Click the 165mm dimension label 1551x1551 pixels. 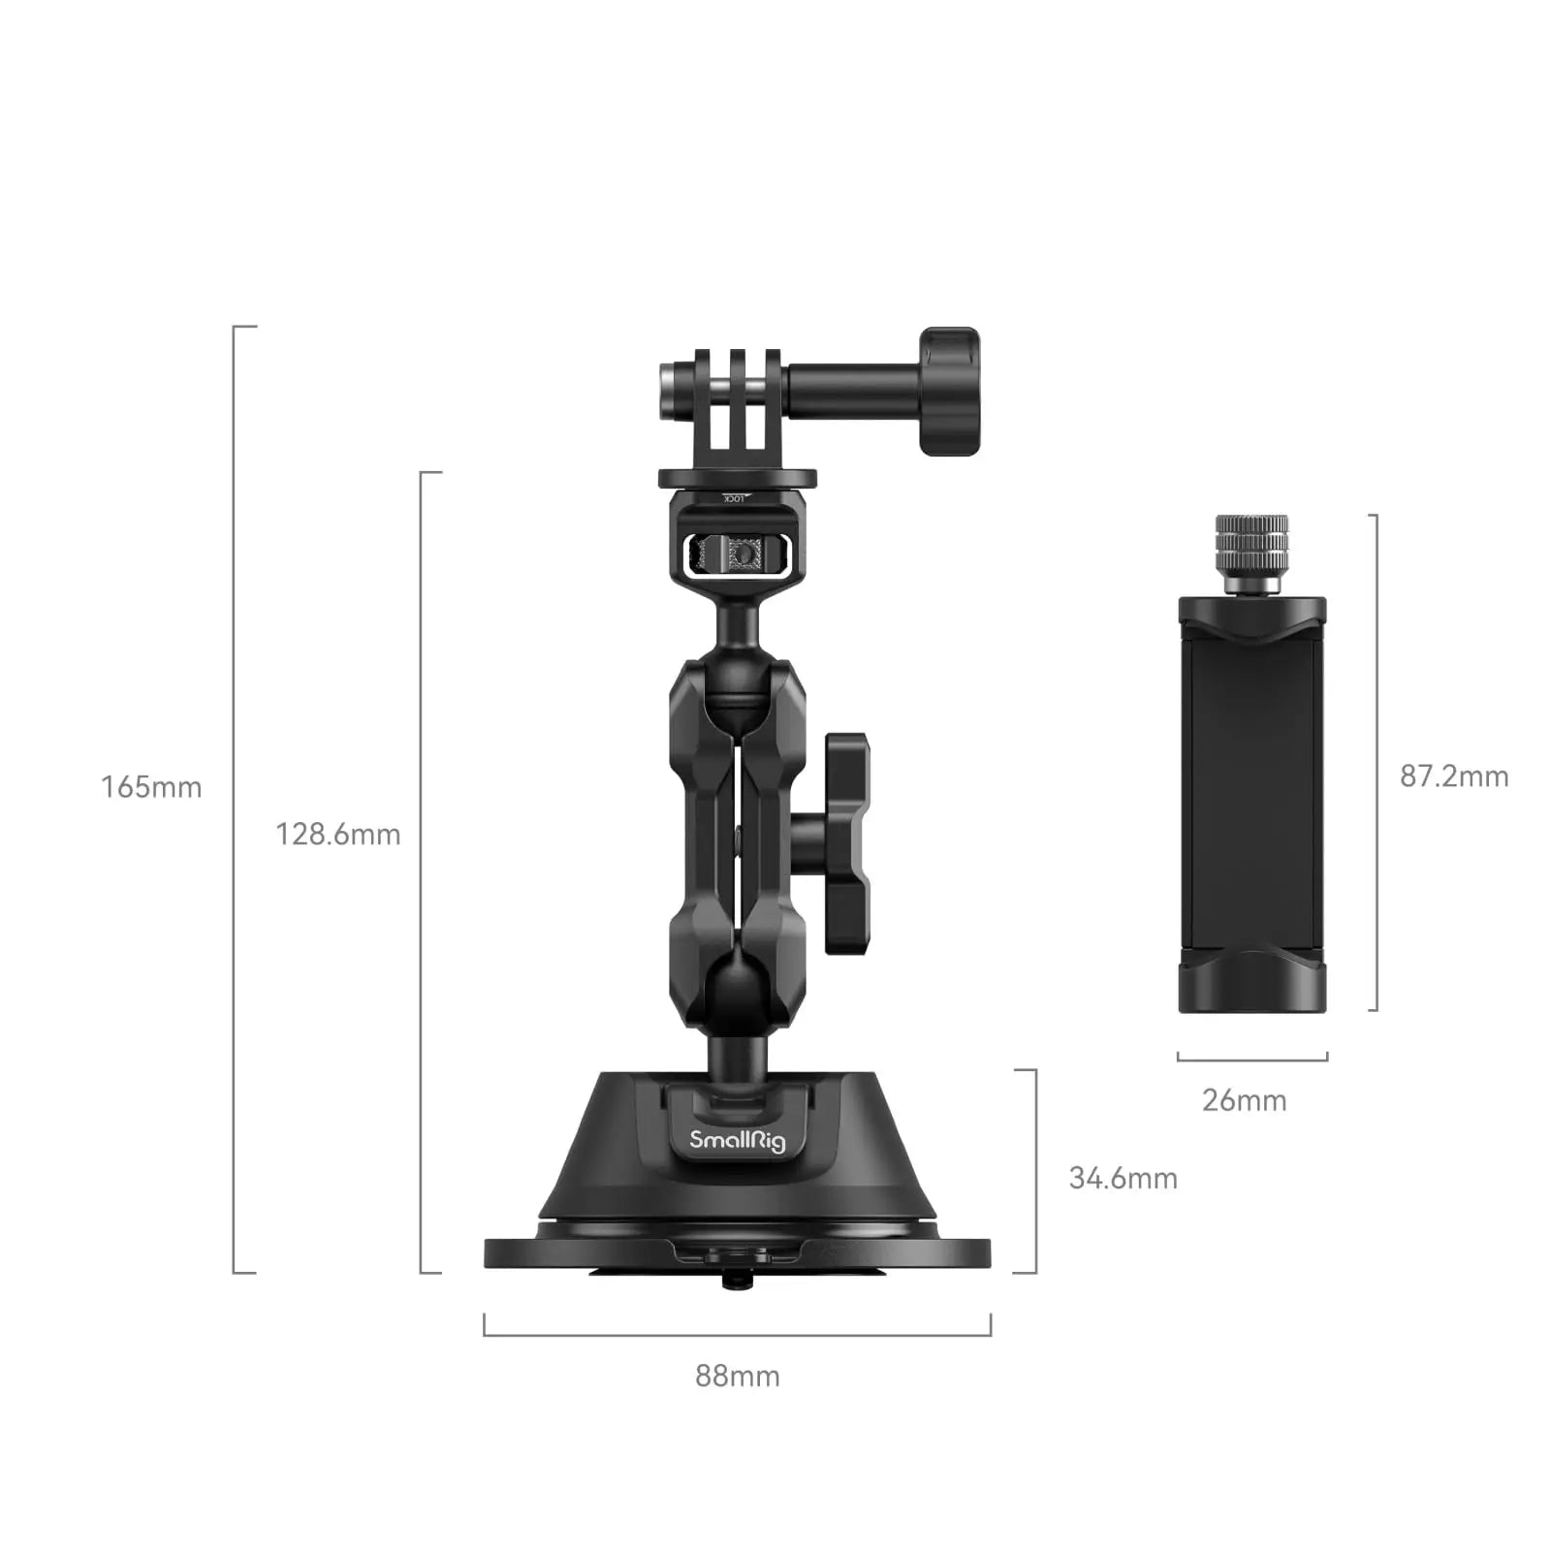tap(151, 786)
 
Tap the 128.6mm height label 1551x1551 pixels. tap(337, 834)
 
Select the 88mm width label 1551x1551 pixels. tap(737, 1376)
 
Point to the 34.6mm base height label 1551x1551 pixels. tap(1123, 1178)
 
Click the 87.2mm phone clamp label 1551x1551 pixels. tap(1453, 775)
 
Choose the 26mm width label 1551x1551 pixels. tap(1244, 1100)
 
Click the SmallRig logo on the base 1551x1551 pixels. tap(737, 1140)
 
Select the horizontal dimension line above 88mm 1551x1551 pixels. tap(737, 1335)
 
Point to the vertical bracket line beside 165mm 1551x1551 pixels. tap(235, 800)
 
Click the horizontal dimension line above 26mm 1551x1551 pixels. tap(1251, 1060)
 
